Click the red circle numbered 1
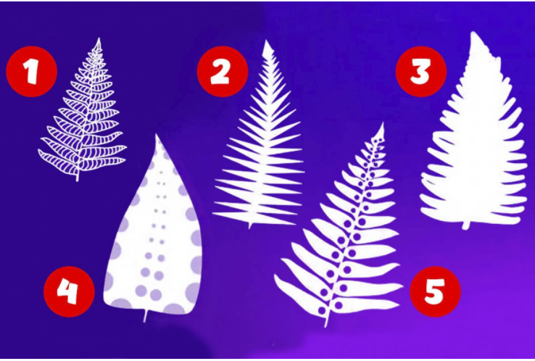pos(31,72)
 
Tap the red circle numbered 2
pos(222,72)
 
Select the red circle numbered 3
pos(420,72)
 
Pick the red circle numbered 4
pos(69,291)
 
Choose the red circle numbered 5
pos(435,291)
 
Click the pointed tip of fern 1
pos(99,38)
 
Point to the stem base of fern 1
pos(78,180)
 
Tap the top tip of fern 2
pos(266,41)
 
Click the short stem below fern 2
pos(250,226)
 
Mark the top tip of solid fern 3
pos(473,33)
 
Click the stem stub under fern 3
pos(466,226)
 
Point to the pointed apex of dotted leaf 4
pos(157,135)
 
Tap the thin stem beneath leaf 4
pos(146,316)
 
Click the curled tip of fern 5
pos(383,123)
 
